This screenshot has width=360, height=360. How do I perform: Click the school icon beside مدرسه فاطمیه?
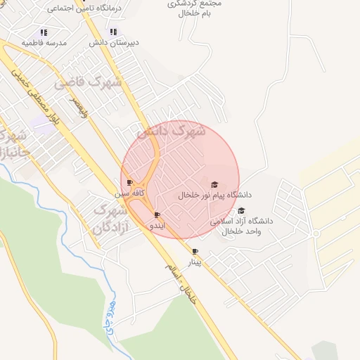[x=44, y=32]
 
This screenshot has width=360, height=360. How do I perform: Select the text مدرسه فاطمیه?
[x=44, y=43]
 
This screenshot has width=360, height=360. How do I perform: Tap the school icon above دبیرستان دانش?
[x=113, y=32]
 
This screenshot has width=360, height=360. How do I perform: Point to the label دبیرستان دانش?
[x=114, y=42]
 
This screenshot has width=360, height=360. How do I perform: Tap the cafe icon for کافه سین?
[x=129, y=182]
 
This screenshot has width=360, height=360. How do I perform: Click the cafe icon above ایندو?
[x=157, y=214]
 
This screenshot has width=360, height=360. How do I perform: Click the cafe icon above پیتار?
[x=195, y=251]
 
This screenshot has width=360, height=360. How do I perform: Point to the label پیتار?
[x=195, y=262]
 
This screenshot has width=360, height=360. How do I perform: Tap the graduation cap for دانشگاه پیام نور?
[x=214, y=184]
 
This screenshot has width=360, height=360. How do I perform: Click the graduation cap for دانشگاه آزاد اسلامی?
[x=241, y=210]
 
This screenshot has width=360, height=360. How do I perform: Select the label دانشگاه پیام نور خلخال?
[x=214, y=195]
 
